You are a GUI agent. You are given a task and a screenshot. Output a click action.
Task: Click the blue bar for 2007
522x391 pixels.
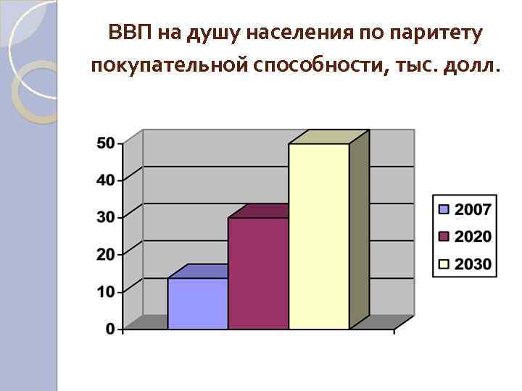(197, 303)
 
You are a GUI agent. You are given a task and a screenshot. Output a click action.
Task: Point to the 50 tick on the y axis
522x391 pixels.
(106, 143)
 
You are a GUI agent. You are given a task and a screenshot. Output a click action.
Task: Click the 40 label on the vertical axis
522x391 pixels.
(106, 180)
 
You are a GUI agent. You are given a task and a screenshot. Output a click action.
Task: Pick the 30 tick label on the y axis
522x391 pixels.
(106, 217)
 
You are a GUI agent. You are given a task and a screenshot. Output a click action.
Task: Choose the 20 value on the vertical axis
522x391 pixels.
(106, 254)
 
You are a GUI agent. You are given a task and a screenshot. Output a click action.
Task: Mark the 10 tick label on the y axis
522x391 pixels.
(106, 291)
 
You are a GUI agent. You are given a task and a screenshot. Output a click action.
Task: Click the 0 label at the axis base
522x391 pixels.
(110, 329)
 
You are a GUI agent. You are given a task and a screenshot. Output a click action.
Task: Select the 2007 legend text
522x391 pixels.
(473, 209)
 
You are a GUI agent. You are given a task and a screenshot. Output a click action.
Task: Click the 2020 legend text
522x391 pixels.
(473, 237)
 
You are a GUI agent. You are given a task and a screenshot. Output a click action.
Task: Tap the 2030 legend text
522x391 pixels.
(473, 264)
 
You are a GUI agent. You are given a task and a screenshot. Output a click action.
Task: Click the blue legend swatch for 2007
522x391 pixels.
(444, 209)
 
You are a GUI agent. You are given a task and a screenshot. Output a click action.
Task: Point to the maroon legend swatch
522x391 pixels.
(444, 237)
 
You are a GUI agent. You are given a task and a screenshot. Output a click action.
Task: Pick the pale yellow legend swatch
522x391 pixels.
(444, 264)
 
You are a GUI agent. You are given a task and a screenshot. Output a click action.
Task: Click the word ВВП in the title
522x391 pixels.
(128, 33)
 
